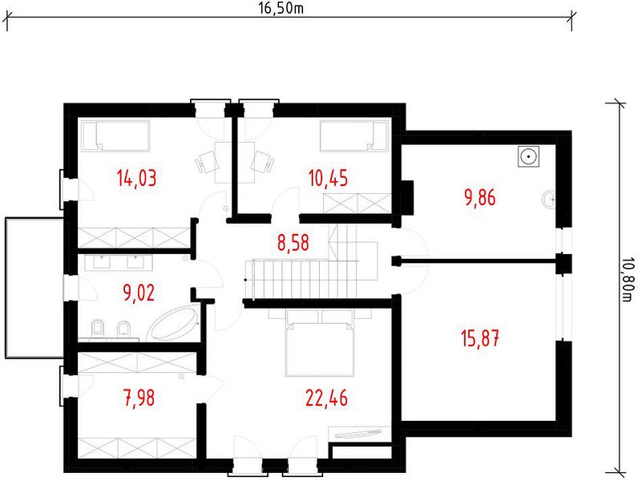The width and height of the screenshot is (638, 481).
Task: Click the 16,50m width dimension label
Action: [281, 8]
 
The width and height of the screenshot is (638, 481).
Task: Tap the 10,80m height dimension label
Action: [628, 280]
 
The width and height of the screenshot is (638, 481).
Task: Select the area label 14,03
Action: [136, 178]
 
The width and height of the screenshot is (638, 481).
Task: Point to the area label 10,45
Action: [328, 178]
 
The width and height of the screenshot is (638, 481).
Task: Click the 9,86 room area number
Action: [480, 198]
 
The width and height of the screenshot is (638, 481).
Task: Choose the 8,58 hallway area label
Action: [293, 243]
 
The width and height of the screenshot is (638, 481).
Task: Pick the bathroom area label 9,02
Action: [139, 292]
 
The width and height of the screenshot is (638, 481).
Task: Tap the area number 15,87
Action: [480, 338]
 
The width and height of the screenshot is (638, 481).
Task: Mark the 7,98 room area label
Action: [139, 398]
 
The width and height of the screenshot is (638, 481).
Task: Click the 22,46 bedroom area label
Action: [327, 398]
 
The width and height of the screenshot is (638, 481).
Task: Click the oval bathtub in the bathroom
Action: [172, 324]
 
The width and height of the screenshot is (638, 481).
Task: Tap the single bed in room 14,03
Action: [115, 135]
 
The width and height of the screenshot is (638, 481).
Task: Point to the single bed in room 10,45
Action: [353, 135]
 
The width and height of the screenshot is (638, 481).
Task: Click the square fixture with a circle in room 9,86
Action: [528, 156]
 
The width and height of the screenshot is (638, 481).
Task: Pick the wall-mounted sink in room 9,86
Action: [549, 200]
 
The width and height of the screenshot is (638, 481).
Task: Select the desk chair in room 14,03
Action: [208, 162]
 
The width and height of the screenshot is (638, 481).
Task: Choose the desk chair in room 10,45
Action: [262, 162]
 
